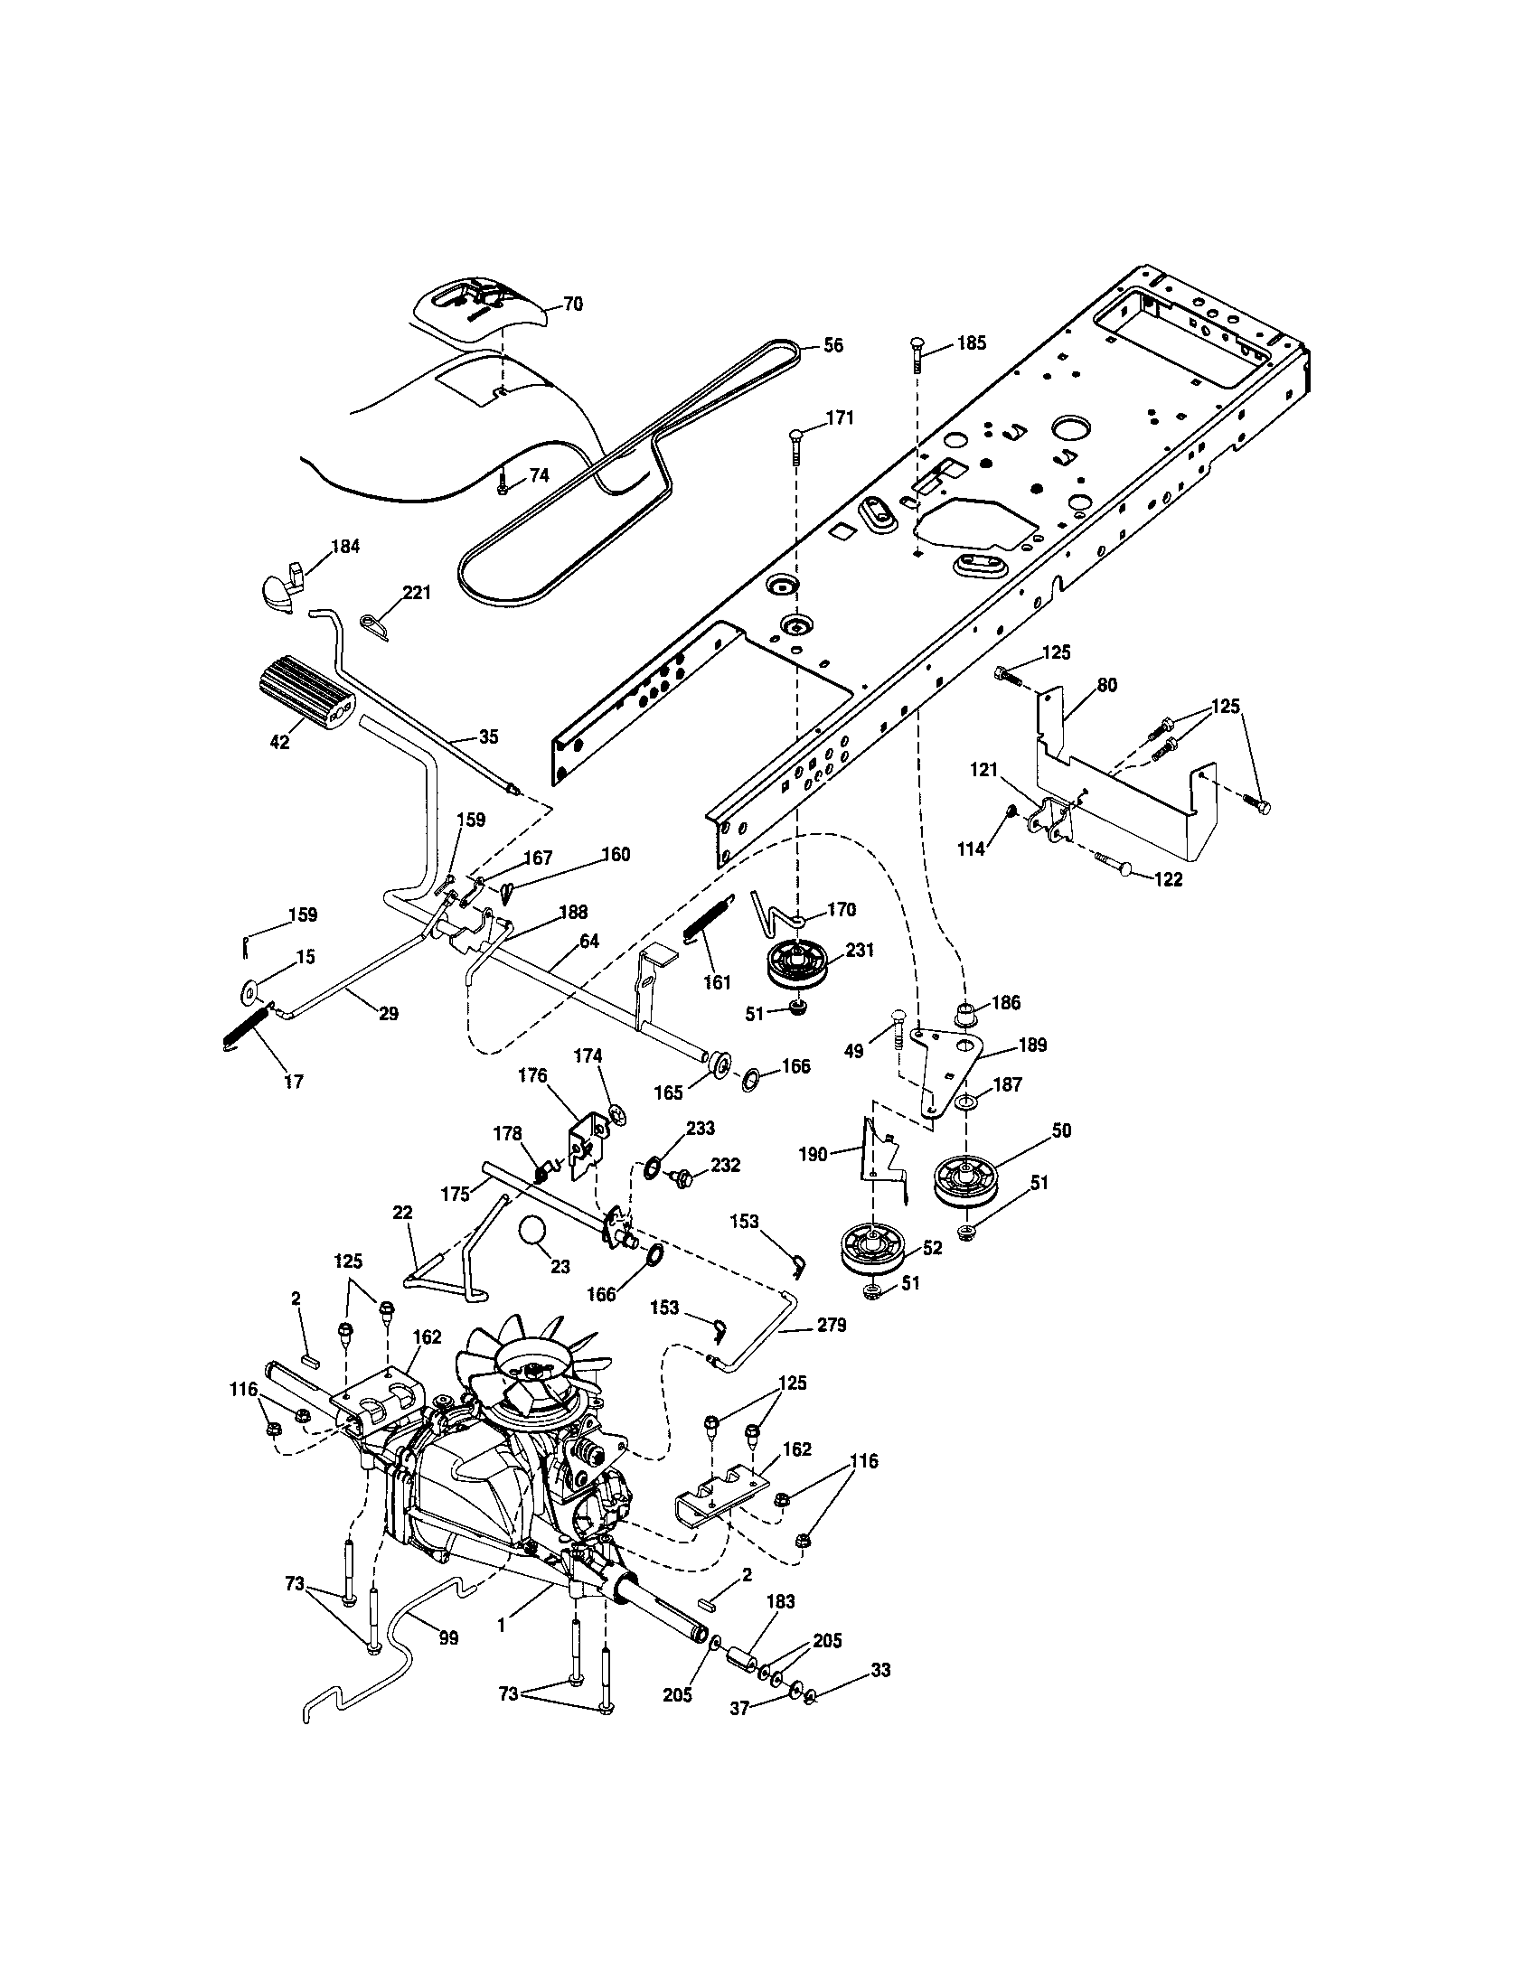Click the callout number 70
pyautogui.click(x=572, y=304)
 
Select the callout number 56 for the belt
pyautogui.click(x=833, y=345)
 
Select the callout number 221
pyautogui.click(x=417, y=593)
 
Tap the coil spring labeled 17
pyautogui.click(x=246, y=1027)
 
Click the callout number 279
pyautogui.click(x=832, y=1326)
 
